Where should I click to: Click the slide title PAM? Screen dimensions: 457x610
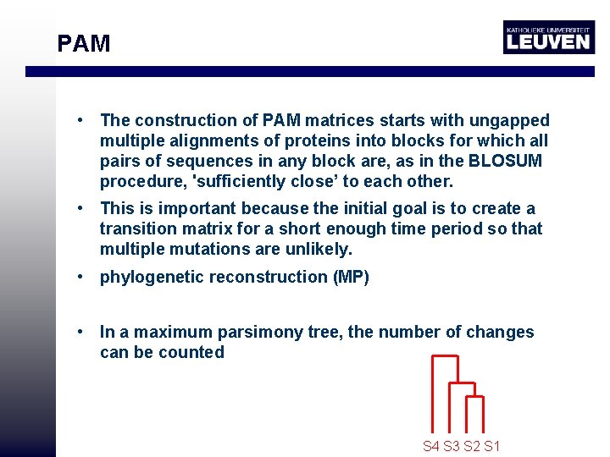tap(83, 43)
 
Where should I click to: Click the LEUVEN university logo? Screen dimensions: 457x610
tap(548, 37)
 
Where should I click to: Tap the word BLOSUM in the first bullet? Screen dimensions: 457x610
tap(507, 161)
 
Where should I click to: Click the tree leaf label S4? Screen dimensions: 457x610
tap(431, 446)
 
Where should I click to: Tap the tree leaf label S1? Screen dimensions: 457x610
tap(492, 446)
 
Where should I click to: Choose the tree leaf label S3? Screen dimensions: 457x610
tap(452, 446)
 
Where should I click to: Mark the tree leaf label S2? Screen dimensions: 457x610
tap(472, 446)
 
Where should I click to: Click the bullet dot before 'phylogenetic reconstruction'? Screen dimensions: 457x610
tap(77, 277)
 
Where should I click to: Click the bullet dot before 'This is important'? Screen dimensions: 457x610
tap(77, 208)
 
